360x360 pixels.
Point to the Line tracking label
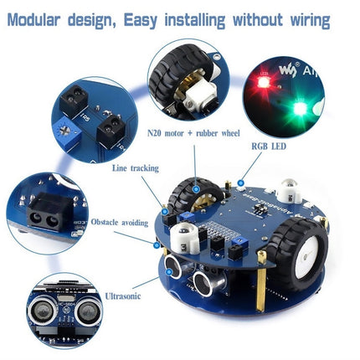[x=135, y=167]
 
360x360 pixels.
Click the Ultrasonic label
[x=124, y=295]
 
